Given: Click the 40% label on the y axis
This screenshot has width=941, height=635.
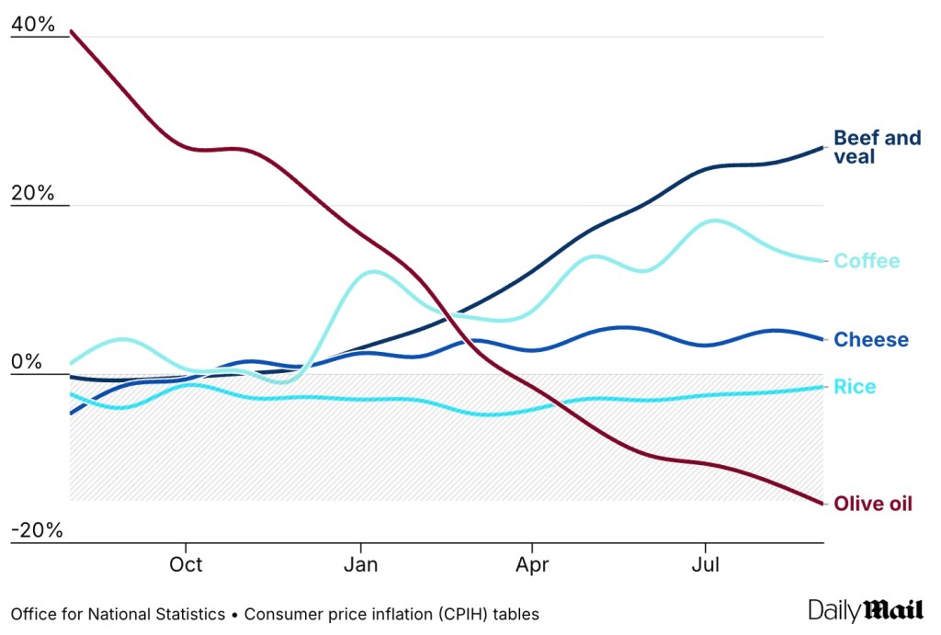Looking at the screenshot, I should [x=33, y=26].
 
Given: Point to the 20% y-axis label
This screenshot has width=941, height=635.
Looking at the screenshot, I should [x=33, y=194].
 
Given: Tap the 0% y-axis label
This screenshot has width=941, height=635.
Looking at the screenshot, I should [x=28, y=362].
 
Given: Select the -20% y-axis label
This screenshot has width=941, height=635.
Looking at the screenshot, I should [x=37, y=530].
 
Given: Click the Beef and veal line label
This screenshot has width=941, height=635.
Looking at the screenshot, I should [x=877, y=147].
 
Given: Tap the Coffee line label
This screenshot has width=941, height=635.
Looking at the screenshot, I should [x=867, y=261].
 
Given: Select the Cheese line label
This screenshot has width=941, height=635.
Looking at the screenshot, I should [x=870, y=340].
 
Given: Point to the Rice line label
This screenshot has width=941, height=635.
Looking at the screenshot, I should [x=855, y=387].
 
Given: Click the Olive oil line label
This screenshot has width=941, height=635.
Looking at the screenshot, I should [x=872, y=504].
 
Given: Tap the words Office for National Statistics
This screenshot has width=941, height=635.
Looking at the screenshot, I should [x=118, y=614].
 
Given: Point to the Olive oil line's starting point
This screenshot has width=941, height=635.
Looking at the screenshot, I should [x=71, y=31].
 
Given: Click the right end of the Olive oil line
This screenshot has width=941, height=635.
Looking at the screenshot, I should [x=822, y=503].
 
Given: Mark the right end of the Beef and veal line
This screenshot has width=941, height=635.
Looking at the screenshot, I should [x=822, y=147].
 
